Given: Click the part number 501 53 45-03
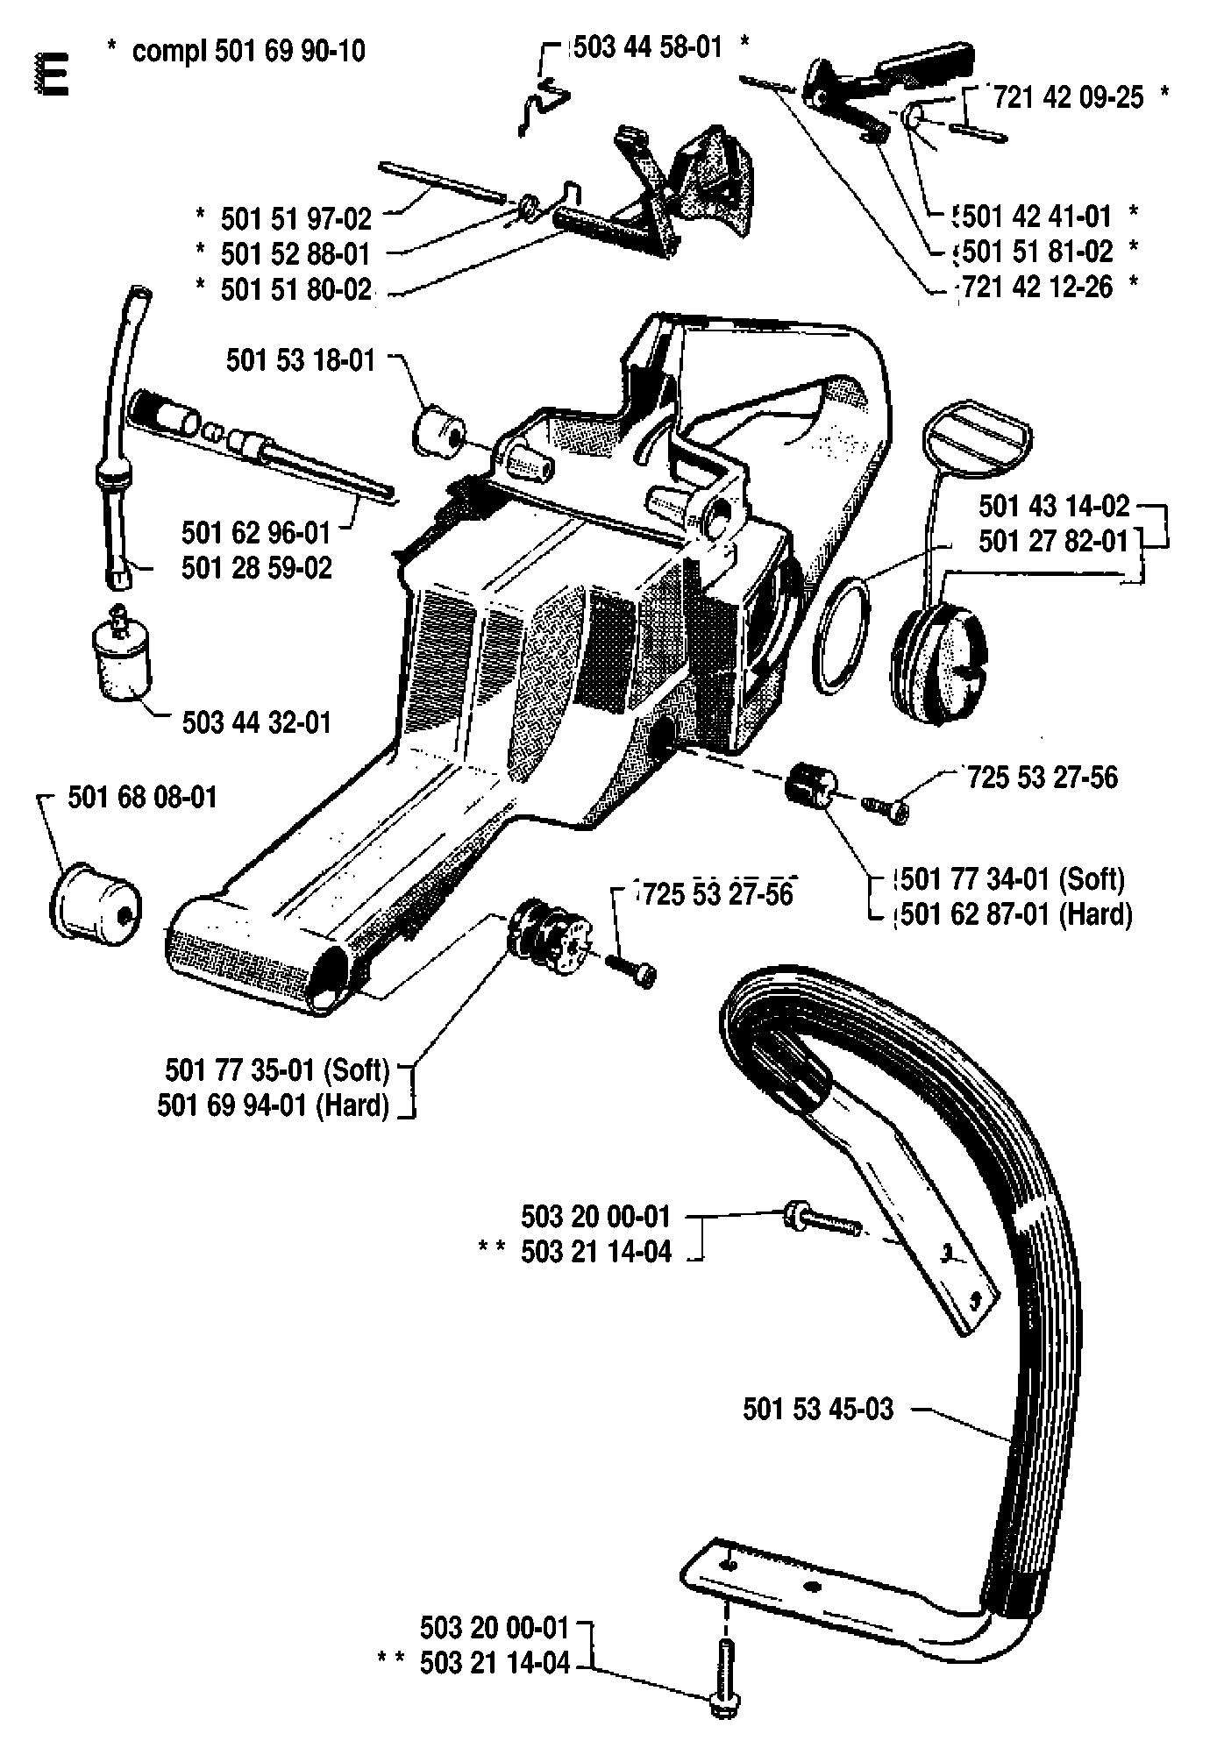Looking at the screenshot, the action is click(x=817, y=1409).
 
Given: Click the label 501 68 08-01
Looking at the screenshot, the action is click(x=142, y=797).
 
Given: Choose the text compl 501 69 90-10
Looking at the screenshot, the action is click(x=249, y=51).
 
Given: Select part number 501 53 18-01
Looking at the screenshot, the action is click(x=301, y=359).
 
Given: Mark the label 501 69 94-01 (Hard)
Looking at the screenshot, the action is click(x=274, y=1105).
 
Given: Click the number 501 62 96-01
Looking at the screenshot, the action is click(x=256, y=532).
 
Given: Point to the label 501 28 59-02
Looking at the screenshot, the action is click(x=257, y=567).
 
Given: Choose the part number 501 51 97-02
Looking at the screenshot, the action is click(x=296, y=217).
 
